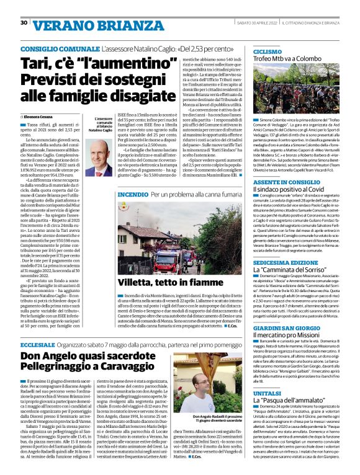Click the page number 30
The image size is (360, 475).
click(24, 23)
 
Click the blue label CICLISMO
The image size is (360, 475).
click(267, 51)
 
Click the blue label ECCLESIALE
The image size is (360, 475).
click(37, 343)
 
